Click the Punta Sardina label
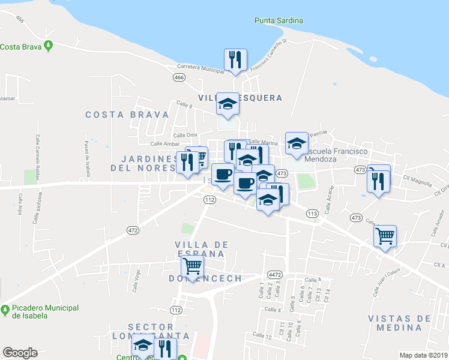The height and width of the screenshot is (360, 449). point(278,20)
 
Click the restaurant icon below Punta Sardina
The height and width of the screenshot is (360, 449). point(235,59)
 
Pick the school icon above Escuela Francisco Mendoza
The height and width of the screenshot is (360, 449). point(296,143)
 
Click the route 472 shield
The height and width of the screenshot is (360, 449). point(133,230)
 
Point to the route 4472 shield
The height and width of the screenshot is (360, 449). point(275,274)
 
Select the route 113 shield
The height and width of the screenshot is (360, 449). point(312,214)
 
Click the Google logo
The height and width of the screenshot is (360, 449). point(20,352)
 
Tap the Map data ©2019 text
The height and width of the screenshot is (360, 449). point(423,355)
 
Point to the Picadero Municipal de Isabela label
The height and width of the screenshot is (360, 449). point(45,311)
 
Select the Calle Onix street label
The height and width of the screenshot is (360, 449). point(185,136)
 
